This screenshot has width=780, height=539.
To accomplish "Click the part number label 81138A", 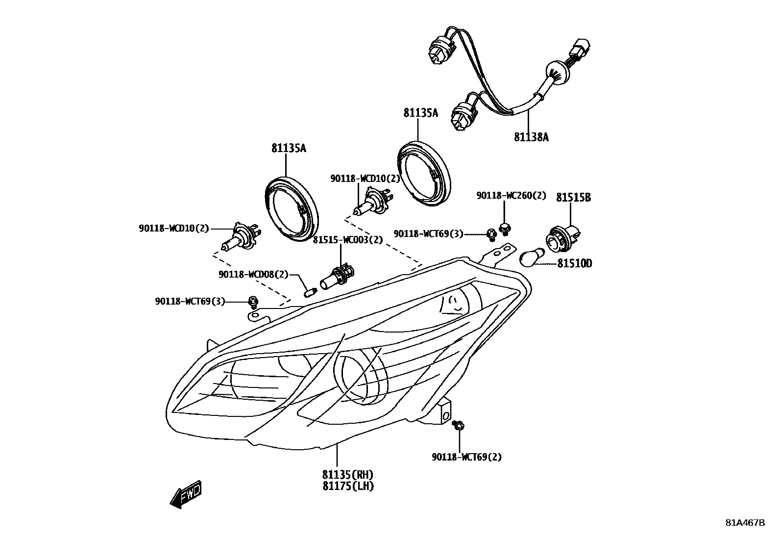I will pos(531,137).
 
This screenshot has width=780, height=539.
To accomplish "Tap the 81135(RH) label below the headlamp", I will pos(348,474).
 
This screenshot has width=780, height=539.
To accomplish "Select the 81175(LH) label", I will pos(348,486).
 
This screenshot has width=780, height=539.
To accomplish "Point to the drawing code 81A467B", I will pos(745,522).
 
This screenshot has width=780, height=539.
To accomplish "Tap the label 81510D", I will pos(574,264).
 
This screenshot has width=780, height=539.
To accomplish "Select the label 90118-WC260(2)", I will pos(511,195).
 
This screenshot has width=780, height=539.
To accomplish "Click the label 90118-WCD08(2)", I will pos(253,274).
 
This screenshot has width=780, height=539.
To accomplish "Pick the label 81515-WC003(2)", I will pos(348,240).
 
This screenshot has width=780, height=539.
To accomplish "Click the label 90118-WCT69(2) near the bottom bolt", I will pos(466,457).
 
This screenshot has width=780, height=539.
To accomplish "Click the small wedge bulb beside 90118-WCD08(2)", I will pos(309,293).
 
